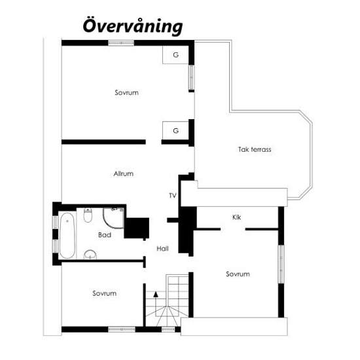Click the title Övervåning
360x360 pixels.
[x=133, y=26]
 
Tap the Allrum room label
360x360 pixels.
[x=124, y=173]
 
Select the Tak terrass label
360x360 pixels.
[x=255, y=149]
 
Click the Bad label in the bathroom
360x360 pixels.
[x=105, y=235]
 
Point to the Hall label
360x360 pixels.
[x=162, y=249]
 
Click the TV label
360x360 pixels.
[x=173, y=196]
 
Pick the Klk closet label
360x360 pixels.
[x=236, y=217]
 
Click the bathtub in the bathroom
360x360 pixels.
[x=67, y=236]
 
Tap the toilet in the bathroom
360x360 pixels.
[x=88, y=215]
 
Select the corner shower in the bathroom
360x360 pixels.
[x=113, y=218]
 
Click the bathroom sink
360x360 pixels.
[x=90, y=255]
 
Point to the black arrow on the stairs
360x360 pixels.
[x=156, y=294]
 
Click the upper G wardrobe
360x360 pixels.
[x=175, y=55]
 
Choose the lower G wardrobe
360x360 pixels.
[x=175, y=130]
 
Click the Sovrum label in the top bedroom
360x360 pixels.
[x=126, y=92]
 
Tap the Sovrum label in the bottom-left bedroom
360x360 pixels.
[x=105, y=293]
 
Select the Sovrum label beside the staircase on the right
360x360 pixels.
[x=238, y=274]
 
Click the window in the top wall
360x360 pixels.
[x=121, y=43]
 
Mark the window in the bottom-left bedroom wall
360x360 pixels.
[x=122, y=329]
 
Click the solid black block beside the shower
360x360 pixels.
[x=137, y=228]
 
